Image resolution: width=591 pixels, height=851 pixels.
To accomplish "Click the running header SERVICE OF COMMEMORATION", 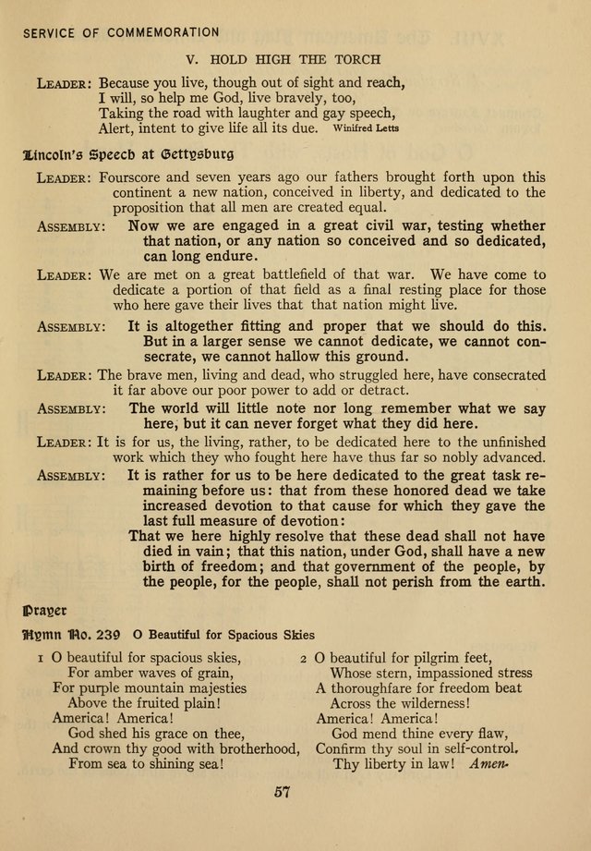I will pos(121,32).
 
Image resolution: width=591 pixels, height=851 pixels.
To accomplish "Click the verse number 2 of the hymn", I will pos(304,658).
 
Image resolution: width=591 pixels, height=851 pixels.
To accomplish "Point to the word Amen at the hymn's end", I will pos(489,764).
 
